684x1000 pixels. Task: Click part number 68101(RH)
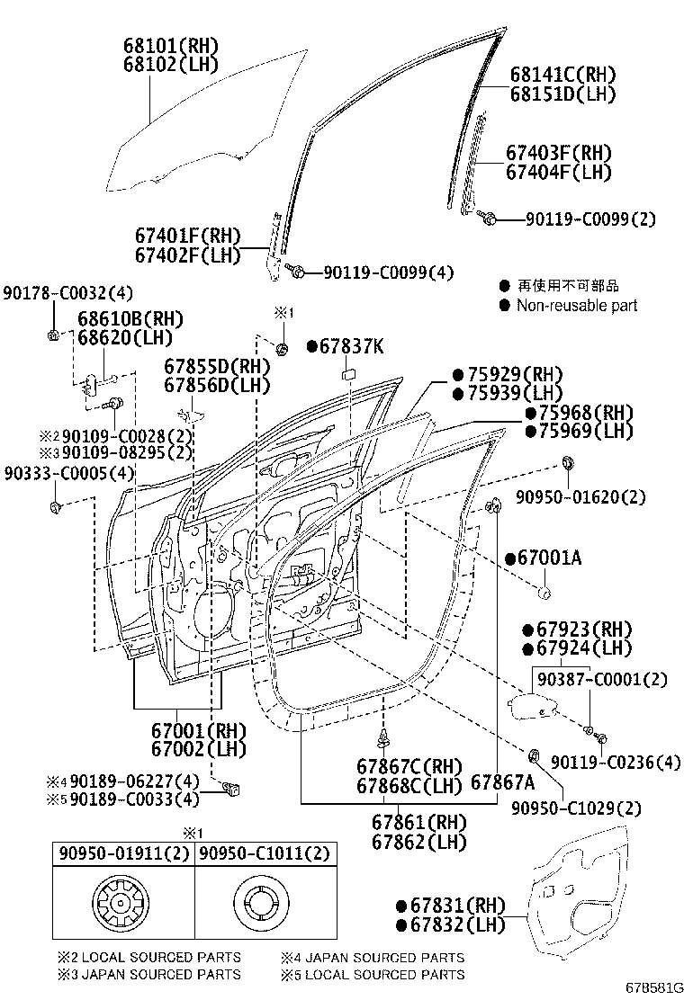click(x=170, y=46)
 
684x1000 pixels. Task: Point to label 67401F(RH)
click(x=188, y=237)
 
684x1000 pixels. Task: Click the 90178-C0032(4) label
click(x=67, y=293)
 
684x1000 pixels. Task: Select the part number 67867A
click(x=502, y=782)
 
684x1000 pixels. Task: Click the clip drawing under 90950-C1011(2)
click(x=263, y=905)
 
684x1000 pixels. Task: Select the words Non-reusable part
click(x=576, y=306)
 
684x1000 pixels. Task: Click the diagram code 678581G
click(x=652, y=987)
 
